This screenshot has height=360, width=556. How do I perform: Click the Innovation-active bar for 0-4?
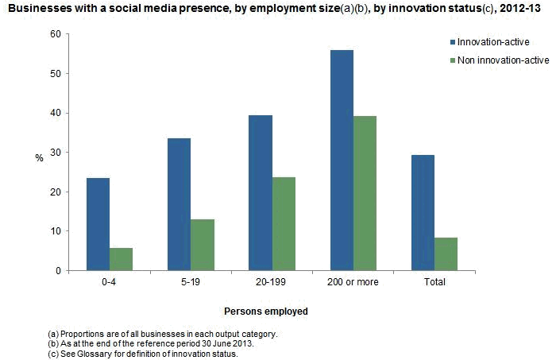[x=98, y=224]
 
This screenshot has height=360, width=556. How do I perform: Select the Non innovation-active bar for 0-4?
[x=122, y=259]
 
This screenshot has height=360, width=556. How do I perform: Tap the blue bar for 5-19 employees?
[x=180, y=204]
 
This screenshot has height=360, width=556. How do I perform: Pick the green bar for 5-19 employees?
[x=203, y=245]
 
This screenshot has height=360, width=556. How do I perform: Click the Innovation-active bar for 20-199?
[x=261, y=193]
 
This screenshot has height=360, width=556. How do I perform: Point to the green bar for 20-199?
[x=284, y=224]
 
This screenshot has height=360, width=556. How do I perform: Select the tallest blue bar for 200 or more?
[x=342, y=161]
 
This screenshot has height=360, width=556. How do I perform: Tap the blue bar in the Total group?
[x=423, y=213]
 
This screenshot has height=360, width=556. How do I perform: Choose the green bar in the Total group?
[x=446, y=254]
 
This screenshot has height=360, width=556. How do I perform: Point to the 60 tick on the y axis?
[x=54, y=34]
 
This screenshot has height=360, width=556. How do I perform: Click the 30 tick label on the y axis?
[x=54, y=153]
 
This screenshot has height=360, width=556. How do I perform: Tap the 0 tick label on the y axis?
[x=56, y=271]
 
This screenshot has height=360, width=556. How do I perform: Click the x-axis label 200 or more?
[x=353, y=282]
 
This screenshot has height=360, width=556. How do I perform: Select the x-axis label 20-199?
[x=272, y=282]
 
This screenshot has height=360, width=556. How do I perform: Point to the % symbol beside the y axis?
[x=38, y=157]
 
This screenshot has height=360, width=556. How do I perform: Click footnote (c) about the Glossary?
[x=143, y=354]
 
